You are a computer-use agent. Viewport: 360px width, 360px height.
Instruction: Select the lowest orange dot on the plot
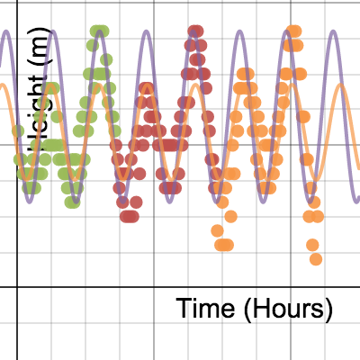point(316,259)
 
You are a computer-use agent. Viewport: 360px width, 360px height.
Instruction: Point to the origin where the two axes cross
point(17,287)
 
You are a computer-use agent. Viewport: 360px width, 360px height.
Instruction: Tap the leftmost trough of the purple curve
point(30,196)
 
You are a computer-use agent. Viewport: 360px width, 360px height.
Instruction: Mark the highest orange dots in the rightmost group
point(293,31)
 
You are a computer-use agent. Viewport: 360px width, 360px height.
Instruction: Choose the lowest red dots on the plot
point(130,216)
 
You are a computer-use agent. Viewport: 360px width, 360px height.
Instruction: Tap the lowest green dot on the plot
point(71,202)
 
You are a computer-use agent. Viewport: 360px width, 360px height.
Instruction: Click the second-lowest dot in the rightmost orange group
point(312,244)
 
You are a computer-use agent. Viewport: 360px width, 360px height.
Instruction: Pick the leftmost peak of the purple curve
point(6,33)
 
